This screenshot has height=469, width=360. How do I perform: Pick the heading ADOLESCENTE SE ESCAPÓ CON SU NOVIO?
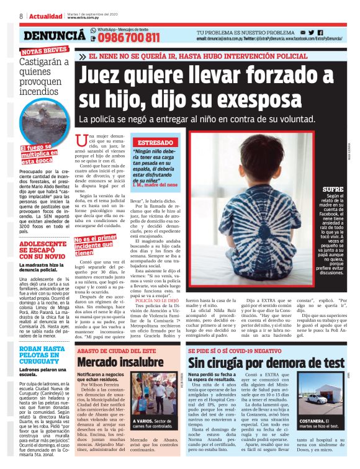[42, 251]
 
